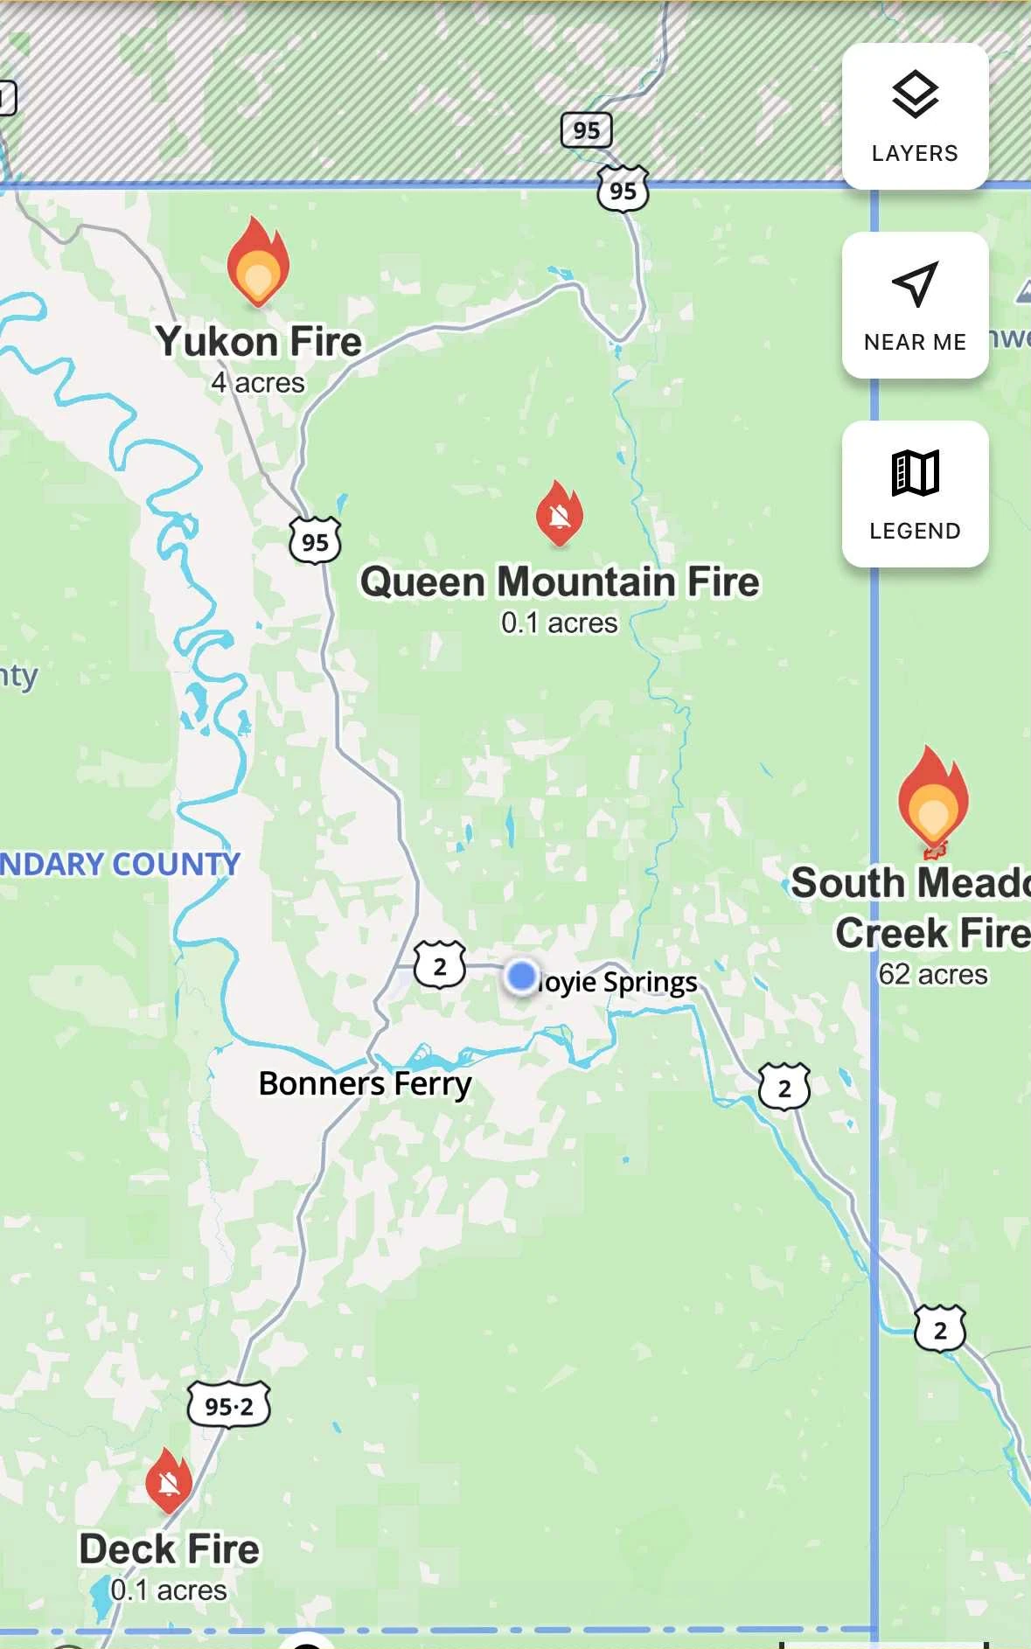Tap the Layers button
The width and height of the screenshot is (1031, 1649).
click(x=915, y=116)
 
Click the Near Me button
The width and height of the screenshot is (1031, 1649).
click(x=915, y=305)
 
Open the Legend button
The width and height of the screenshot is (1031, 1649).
click(x=915, y=494)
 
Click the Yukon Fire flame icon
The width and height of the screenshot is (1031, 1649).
click(x=258, y=262)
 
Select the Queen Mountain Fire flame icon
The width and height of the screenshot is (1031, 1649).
click(x=560, y=513)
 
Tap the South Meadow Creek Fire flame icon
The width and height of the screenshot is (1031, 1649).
click(x=933, y=797)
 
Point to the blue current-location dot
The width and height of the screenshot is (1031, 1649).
click(x=522, y=975)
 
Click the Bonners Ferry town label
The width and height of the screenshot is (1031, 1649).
click(x=365, y=1084)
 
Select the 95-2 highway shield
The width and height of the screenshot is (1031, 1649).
click(x=229, y=1406)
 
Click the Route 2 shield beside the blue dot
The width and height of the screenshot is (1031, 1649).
click(x=440, y=965)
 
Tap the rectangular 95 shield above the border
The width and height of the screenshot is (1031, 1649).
click(x=586, y=131)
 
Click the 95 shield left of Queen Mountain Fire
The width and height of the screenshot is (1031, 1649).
click(x=315, y=541)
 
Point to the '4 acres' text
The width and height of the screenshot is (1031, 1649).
click(x=258, y=383)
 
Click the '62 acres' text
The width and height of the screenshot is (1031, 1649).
click(x=933, y=974)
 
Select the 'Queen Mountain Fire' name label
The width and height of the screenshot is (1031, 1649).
click(x=560, y=582)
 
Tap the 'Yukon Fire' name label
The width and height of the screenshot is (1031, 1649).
click(x=259, y=341)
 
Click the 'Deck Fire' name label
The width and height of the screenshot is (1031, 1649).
click(x=170, y=1549)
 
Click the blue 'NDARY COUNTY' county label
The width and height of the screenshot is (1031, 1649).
click(x=120, y=864)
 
